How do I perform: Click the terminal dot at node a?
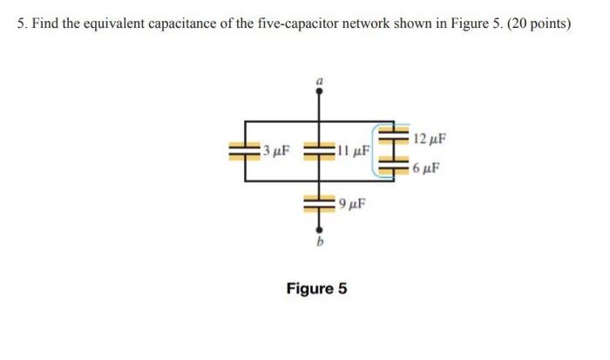pyautogui.click(x=319, y=91)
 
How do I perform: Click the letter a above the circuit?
pyautogui.click(x=319, y=79)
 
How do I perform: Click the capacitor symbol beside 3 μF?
pyautogui.click(x=245, y=151)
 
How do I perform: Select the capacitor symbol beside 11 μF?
pyautogui.click(x=319, y=151)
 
